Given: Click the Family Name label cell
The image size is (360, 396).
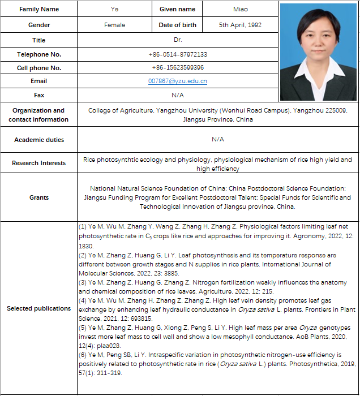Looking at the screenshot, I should [38, 10].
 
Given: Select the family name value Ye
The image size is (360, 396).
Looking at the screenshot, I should [115, 10].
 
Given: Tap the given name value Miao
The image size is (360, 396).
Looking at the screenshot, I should [241, 10].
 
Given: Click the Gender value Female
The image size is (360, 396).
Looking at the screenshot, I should [115, 25].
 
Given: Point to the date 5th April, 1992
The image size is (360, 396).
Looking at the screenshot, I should [241, 25].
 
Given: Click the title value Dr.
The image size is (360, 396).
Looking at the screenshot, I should [178, 40].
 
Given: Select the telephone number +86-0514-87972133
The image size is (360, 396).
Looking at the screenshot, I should [178, 54].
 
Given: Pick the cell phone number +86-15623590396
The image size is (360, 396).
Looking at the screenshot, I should [178, 68].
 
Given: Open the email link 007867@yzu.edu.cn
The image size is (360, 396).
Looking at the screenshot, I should [178, 81].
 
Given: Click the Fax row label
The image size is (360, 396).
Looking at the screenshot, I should [38, 95].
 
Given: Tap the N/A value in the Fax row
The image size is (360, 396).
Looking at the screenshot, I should [178, 95].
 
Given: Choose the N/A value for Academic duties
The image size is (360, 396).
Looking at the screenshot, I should [218, 139].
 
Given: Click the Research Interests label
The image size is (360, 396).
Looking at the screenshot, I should [38, 163].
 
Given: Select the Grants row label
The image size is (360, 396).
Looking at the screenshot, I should [38, 197].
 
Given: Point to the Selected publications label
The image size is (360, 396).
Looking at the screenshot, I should [38, 308].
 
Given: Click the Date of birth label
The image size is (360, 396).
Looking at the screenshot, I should [177, 25].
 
